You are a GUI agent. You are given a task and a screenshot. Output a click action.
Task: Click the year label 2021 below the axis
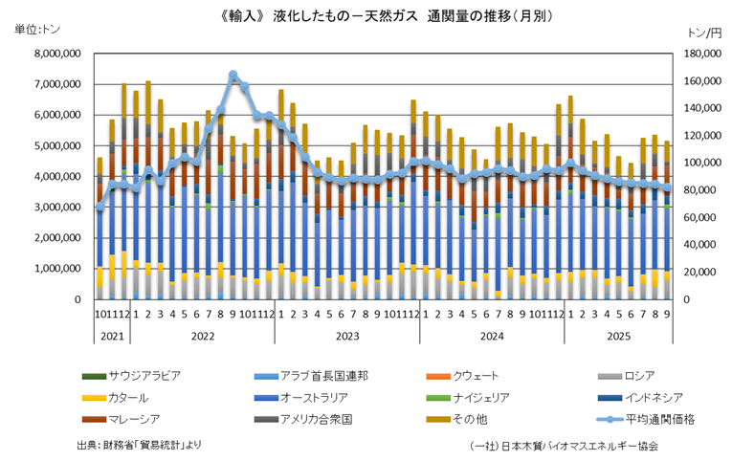pos(112,336)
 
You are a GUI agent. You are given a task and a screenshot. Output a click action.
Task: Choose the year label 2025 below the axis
pos(617,336)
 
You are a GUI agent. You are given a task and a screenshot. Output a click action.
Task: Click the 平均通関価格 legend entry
pos(659,418)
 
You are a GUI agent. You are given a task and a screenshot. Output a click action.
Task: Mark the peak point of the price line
pos(233,75)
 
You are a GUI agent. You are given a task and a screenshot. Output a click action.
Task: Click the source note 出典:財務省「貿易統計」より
pos(139,446)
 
